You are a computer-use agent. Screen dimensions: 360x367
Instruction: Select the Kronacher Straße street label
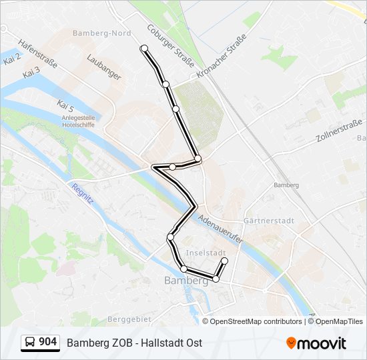[x=222, y=58]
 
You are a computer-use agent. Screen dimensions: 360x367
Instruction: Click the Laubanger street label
[x=104, y=67]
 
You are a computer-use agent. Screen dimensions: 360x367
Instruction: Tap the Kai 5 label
[x=65, y=106]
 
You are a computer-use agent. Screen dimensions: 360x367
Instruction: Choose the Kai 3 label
[x=31, y=72]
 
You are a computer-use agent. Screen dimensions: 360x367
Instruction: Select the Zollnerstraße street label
[x=340, y=131]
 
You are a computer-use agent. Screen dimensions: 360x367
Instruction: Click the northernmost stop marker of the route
[x=144, y=48]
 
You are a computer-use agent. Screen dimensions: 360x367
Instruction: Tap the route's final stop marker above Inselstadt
[x=225, y=261]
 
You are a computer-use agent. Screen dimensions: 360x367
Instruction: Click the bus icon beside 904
[x=30, y=342]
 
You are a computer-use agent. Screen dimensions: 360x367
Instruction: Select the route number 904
[x=48, y=342]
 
